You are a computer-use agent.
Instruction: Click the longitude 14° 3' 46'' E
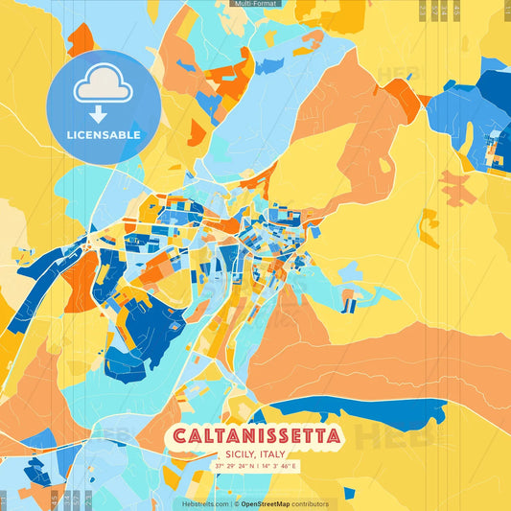pos(278,466)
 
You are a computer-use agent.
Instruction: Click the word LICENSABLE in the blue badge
pos(103,135)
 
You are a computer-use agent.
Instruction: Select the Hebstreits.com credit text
pos(205,503)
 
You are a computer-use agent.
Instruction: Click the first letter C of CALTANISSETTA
pos(179,437)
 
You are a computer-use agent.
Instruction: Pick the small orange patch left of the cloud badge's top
pos(81,39)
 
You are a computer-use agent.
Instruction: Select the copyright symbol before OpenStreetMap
pos(237,503)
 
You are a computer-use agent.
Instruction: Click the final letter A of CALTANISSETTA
pos(332,437)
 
